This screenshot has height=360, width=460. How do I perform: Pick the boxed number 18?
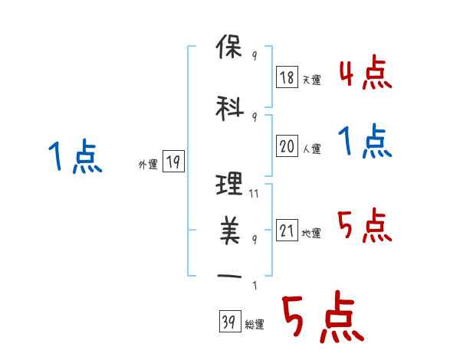point(287,78)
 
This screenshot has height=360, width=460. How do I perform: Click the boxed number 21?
point(287,231)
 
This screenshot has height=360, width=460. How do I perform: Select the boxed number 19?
point(173,162)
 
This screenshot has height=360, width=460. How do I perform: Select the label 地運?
point(311,233)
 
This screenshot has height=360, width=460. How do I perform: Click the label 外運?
point(147,164)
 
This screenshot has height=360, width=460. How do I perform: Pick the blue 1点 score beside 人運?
point(364,142)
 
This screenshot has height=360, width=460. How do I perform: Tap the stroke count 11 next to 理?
point(255,195)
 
